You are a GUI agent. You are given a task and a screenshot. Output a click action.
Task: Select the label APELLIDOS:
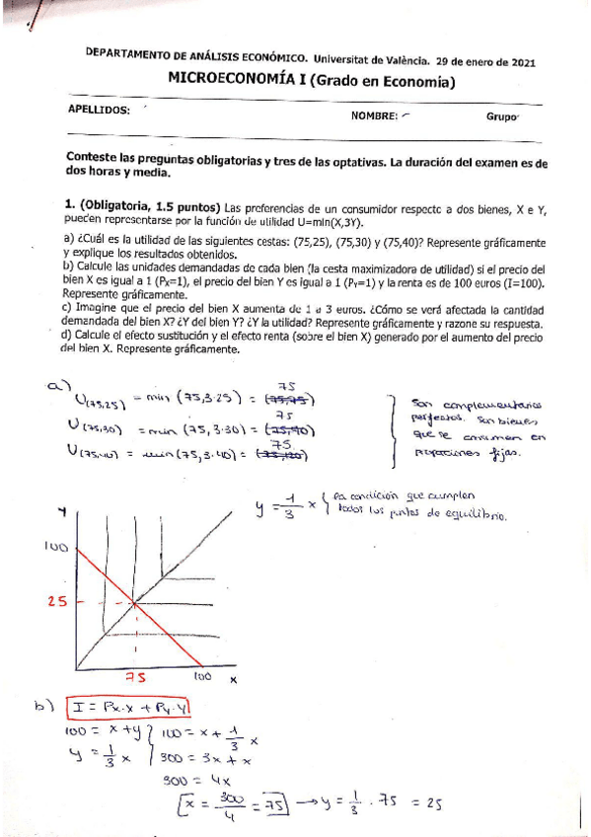click(x=98, y=110)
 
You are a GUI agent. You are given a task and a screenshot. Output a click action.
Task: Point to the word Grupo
click(x=501, y=115)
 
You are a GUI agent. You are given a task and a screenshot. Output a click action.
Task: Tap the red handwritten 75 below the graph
click(x=134, y=678)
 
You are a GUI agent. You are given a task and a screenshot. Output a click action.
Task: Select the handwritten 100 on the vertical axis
click(x=54, y=545)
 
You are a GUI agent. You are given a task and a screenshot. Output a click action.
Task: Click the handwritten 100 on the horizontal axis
click(x=201, y=677)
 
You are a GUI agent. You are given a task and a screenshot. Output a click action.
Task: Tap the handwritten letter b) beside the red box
click(x=42, y=706)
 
